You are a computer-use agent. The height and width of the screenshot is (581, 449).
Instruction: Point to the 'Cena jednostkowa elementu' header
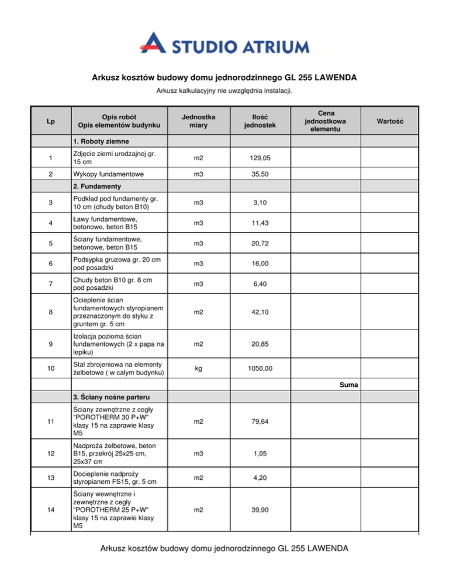click(x=324, y=122)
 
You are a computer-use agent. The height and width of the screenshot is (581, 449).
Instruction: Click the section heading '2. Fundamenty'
click(x=96, y=187)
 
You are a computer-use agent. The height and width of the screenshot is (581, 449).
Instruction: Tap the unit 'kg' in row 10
click(x=199, y=369)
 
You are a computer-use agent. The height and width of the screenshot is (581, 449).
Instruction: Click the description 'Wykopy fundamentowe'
click(x=107, y=175)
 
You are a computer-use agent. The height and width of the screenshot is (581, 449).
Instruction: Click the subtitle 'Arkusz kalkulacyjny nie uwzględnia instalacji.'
click(x=224, y=91)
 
